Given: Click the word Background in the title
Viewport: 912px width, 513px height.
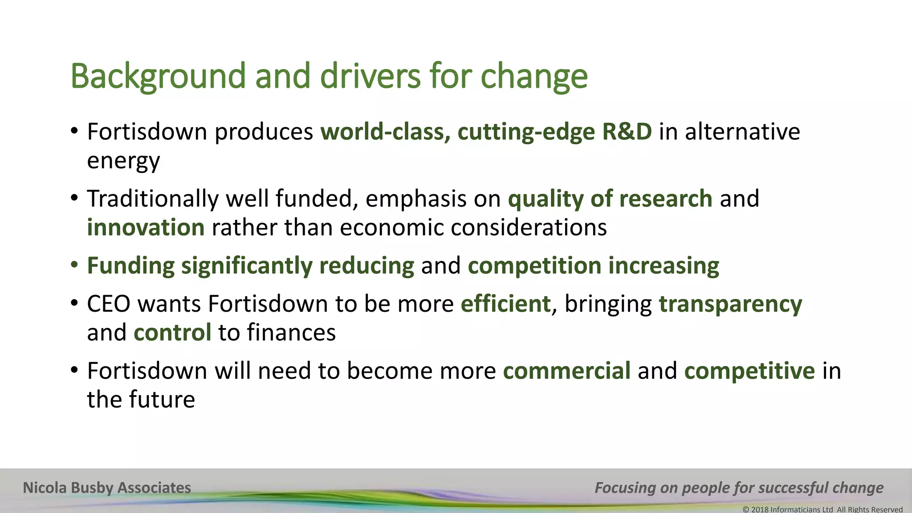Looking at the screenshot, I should [158, 77].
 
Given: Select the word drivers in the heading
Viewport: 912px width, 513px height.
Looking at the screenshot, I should [370, 76].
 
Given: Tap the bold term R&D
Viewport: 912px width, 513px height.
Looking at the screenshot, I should [627, 132].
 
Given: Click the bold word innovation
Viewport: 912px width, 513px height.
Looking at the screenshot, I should [146, 228].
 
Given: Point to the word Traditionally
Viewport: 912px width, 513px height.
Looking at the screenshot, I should [153, 199].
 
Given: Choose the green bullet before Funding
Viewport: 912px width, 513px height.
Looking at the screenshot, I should [74, 265].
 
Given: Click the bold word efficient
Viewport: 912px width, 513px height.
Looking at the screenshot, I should [505, 304].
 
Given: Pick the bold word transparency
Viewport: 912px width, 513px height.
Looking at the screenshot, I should [730, 305].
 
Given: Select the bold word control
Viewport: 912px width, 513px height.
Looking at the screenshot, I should [172, 333].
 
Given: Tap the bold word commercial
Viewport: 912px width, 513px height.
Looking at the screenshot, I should [566, 371].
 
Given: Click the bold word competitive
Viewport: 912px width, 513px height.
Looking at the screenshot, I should [749, 371].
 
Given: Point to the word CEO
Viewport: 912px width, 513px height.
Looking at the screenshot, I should [109, 304].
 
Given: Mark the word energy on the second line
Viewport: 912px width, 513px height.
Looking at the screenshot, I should [123, 161].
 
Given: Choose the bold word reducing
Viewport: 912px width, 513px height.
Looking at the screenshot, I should [366, 266].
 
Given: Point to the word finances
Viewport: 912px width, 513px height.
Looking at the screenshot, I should [291, 333].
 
